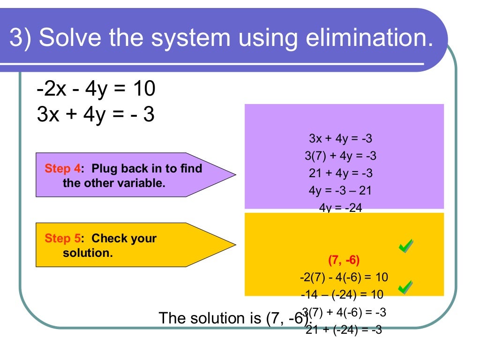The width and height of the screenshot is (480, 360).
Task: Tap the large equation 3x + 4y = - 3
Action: pyautogui.click(x=96, y=115)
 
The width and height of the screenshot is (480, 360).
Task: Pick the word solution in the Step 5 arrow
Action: pyautogui.click(x=88, y=253)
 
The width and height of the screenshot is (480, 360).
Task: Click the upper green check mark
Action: pyautogui.click(x=406, y=246)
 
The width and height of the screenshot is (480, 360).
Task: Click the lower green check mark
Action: pyautogui.click(x=406, y=287)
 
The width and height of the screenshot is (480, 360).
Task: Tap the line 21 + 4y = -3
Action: pyautogui.click(x=341, y=173)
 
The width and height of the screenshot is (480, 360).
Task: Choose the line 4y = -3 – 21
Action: pyautogui.click(x=341, y=190)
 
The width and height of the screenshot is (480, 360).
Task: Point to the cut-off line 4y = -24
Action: pyautogui.click(x=341, y=207)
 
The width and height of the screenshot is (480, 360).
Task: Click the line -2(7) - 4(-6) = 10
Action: pyautogui.click(x=344, y=277)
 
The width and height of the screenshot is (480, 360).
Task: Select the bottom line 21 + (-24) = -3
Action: pyautogui.click(x=344, y=330)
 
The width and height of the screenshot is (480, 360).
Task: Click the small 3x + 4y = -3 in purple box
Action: pyautogui.click(x=341, y=138)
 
